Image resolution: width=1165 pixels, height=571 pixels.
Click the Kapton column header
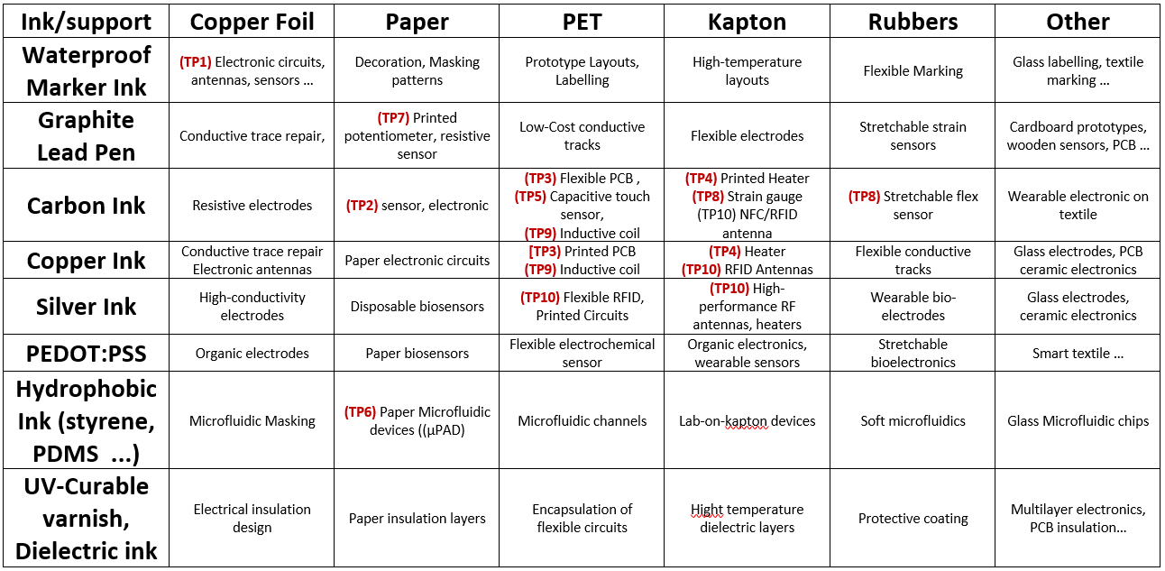747,22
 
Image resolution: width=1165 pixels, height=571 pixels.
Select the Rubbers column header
913,22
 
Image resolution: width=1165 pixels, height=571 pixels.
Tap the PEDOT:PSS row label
87,354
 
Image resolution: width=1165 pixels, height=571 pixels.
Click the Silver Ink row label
87,307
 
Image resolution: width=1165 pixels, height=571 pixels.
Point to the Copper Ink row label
87,261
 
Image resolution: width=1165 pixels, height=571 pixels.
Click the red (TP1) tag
196,62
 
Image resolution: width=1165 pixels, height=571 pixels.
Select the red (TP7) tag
393,117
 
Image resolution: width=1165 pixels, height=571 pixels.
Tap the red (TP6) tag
360,411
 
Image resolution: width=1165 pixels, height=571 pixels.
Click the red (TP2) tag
362,205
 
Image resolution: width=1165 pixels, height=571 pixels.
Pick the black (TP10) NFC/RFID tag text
747,215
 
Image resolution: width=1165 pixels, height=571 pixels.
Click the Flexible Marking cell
913,70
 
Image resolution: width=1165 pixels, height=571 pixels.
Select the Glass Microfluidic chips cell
1078,420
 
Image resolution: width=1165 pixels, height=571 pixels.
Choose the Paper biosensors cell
417,354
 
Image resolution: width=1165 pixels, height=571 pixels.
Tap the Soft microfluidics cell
913,420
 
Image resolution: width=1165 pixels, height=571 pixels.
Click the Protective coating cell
913,519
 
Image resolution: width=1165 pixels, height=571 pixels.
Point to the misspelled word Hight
707,510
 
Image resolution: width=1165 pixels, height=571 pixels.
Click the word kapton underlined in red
747,421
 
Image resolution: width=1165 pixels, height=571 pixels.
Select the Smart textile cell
1078,354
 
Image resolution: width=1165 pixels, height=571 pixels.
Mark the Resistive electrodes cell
252,205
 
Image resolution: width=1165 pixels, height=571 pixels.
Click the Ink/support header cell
87,22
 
